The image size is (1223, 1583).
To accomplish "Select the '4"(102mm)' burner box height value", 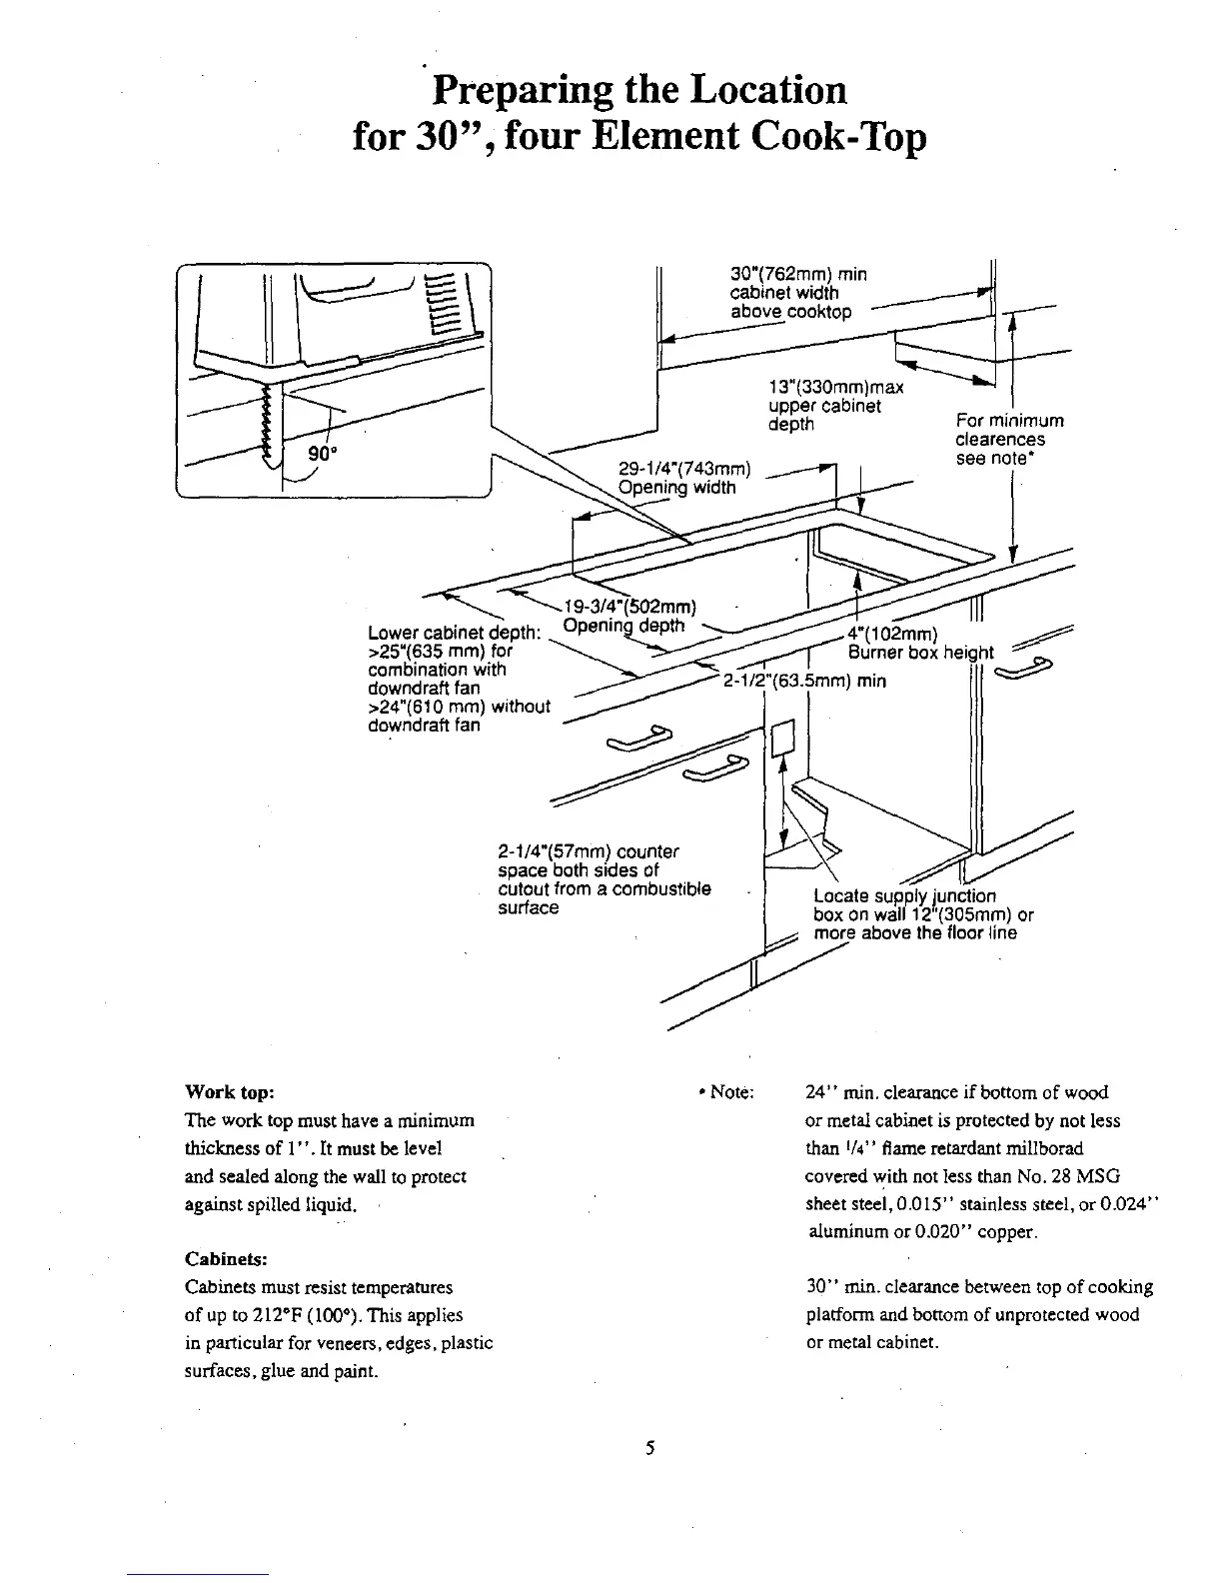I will pyautogui.click(x=891, y=634).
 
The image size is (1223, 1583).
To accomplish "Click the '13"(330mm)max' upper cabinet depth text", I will pyautogui.click(x=836, y=388).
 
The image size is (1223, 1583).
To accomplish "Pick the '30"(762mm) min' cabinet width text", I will pyautogui.click(x=799, y=274).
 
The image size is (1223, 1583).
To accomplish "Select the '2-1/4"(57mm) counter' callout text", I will pyautogui.click(x=588, y=851).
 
